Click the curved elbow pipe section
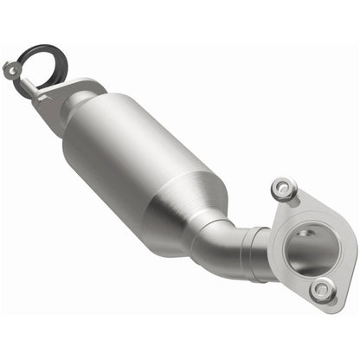tap(216, 251)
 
